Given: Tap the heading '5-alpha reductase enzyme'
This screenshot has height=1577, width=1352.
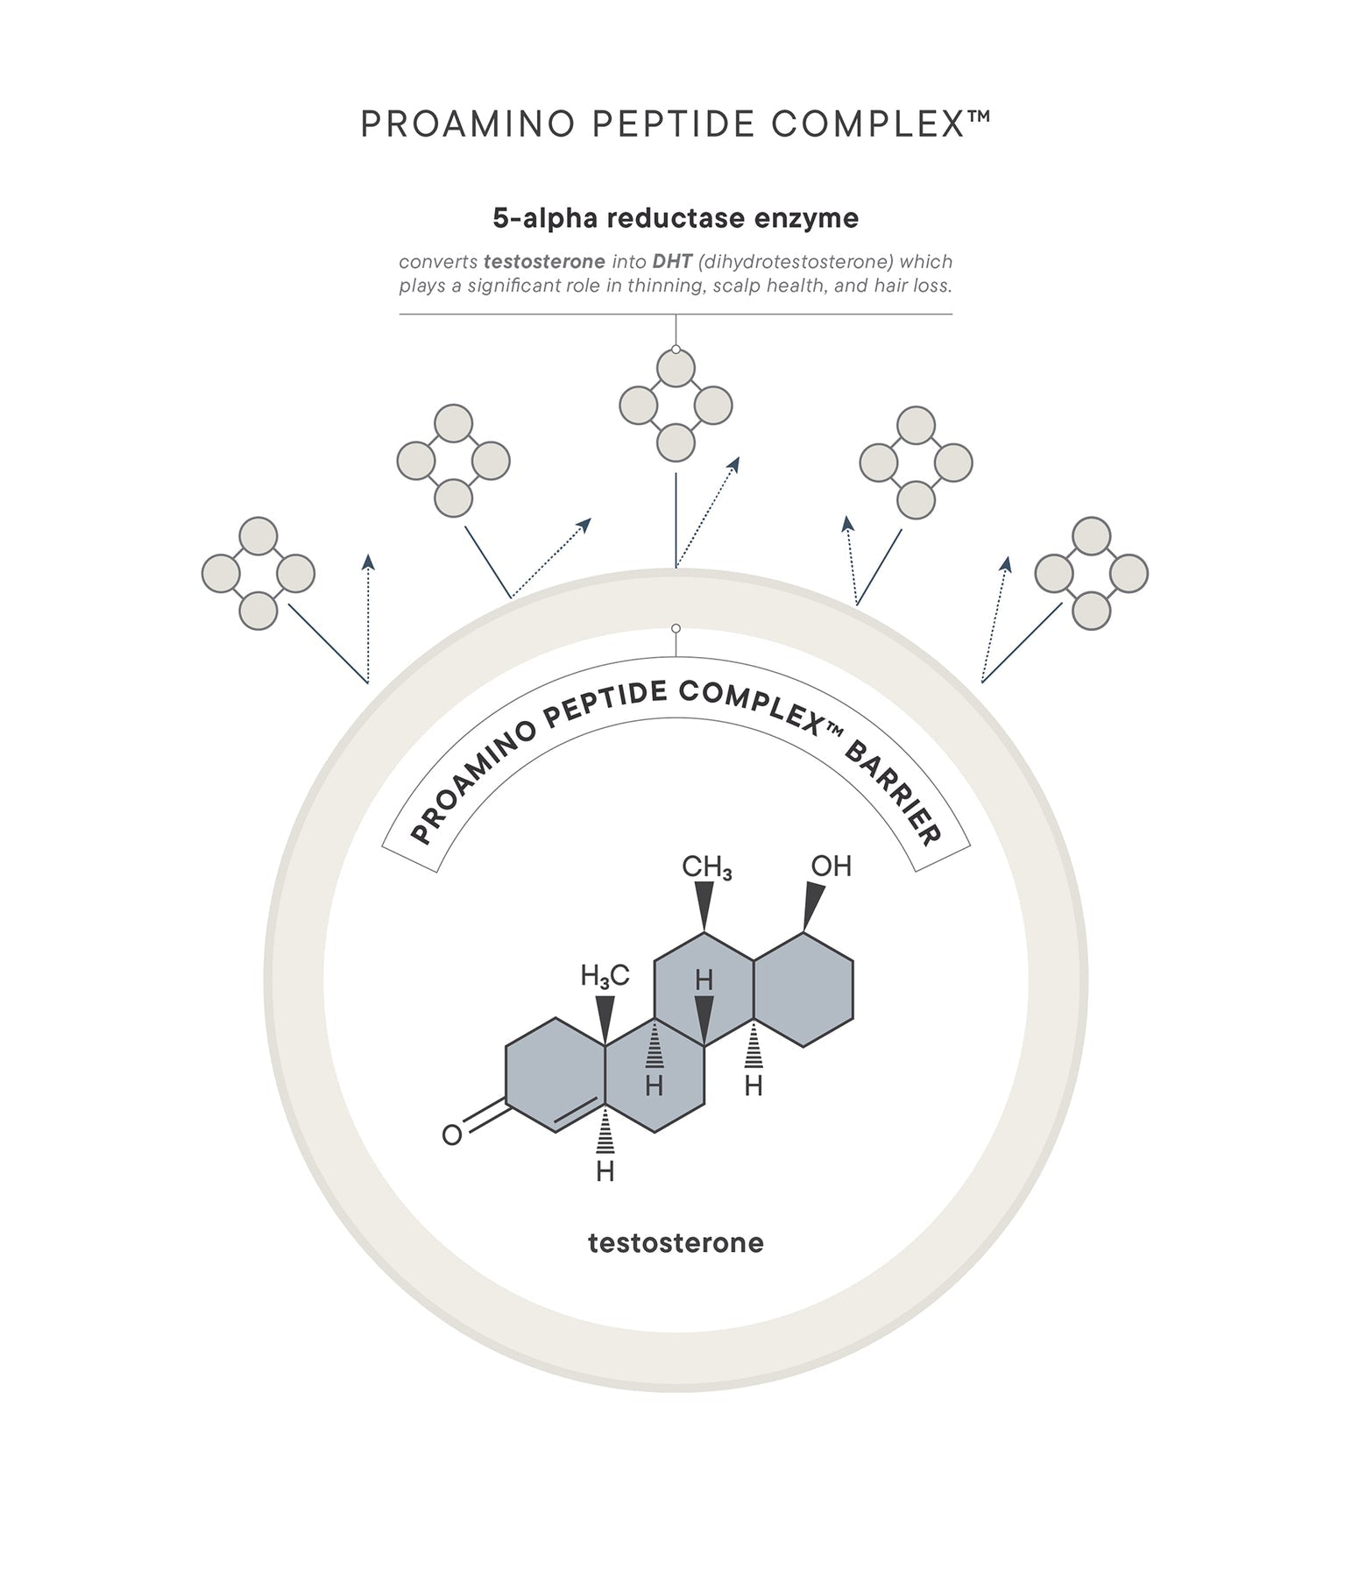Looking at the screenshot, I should tap(676, 218).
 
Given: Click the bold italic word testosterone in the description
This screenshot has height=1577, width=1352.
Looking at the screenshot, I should tap(544, 262).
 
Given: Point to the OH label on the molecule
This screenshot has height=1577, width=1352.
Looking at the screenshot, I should tap(831, 866).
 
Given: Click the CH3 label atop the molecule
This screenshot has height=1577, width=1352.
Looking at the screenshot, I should tap(706, 868).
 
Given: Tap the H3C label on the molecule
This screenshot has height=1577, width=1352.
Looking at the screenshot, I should tap(605, 976).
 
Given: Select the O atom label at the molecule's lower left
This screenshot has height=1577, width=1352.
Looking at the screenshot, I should tap(451, 1135).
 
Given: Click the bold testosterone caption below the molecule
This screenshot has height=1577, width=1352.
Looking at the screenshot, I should tap(676, 1243).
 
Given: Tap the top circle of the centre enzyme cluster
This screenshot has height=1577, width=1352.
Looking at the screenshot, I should tap(676, 369).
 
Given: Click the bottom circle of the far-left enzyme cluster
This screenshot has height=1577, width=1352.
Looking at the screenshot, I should tap(258, 611).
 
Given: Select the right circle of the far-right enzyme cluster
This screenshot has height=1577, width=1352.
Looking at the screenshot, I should tap(1129, 573).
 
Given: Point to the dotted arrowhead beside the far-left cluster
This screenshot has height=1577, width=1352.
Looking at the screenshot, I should tap(369, 562).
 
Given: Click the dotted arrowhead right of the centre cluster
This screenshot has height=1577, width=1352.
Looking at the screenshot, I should tap(734, 463).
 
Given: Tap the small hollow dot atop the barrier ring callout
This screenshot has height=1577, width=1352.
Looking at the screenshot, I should tap(676, 628).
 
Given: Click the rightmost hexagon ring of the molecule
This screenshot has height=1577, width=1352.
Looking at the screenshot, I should tap(803, 990).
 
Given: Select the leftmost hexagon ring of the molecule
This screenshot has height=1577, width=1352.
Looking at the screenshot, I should tap(556, 1075).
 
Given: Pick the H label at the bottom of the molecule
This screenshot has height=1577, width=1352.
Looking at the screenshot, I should tap(605, 1171).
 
